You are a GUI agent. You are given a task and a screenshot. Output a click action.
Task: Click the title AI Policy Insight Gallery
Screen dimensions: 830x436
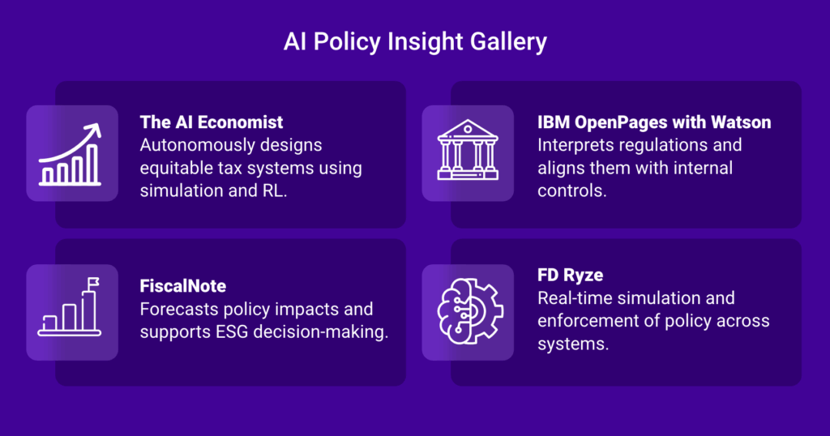415,42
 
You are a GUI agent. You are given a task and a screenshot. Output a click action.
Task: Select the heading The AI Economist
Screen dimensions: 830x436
212,122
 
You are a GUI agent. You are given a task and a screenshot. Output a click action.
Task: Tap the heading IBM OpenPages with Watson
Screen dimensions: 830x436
654,122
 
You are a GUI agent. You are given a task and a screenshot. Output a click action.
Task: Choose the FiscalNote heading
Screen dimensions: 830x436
182,286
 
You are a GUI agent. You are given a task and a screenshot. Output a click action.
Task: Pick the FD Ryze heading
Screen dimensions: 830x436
570,276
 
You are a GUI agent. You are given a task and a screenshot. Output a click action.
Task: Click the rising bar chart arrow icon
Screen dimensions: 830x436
70,154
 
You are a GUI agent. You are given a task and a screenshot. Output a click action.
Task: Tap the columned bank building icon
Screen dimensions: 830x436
468,150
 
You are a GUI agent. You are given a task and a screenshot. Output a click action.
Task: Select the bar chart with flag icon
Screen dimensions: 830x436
70,307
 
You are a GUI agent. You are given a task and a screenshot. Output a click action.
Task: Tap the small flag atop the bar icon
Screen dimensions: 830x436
93,283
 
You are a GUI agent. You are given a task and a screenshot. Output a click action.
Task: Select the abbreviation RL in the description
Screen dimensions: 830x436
273,191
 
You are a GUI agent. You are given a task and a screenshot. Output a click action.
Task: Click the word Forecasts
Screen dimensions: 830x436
179,309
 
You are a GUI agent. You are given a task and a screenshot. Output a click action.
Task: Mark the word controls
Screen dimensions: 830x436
571,191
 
